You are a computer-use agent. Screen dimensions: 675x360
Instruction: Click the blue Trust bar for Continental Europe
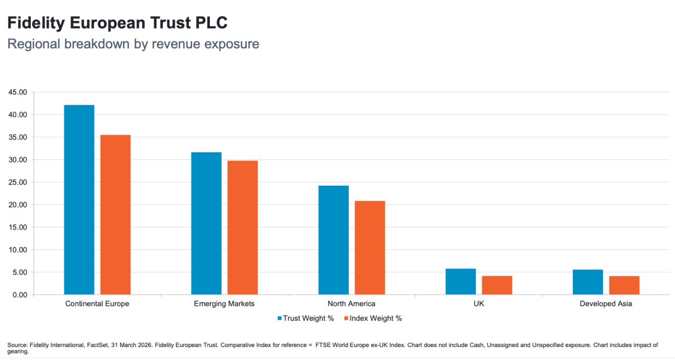(x=79, y=200)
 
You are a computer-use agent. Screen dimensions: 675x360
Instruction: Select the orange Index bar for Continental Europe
(x=115, y=215)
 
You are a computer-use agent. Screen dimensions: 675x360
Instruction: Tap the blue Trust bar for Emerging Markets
(x=206, y=223)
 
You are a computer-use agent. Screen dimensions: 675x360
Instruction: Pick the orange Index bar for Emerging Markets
(x=242, y=228)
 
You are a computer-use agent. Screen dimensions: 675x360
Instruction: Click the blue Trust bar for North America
(x=334, y=240)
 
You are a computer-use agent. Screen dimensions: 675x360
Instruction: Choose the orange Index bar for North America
(x=370, y=247)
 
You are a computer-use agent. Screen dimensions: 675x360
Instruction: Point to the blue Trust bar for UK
(x=461, y=282)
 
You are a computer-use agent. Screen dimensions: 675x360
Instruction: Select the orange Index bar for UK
(x=497, y=285)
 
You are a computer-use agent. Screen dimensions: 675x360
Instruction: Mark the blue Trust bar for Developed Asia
(x=588, y=282)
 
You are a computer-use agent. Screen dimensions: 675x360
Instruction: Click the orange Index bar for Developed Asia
(x=624, y=285)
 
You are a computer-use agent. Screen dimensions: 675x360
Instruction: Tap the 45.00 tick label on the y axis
(x=17, y=92)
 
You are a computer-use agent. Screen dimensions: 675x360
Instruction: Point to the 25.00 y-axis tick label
(x=17, y=182)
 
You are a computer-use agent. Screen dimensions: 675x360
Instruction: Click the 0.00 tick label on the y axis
(x=20, y=295)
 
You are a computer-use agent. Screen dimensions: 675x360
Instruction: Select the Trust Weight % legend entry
(x=305, y=318)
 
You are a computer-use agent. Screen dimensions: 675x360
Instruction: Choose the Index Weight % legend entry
(x=373, y=318)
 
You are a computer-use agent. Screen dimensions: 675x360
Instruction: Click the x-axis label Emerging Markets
(x=224, y=304)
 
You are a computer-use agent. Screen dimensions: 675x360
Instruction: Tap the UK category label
(x=479, y=304)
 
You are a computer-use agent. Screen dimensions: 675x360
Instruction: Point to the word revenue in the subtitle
(x=176, y=44)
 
